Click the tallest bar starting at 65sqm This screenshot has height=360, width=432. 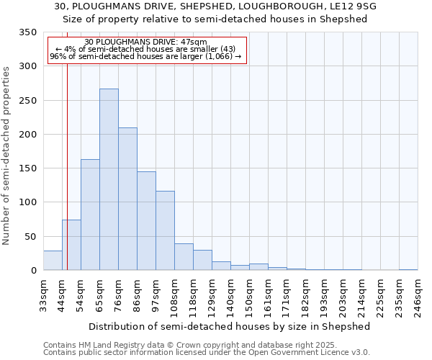click(109, 179)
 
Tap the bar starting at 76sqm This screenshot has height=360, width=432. click(127, 199)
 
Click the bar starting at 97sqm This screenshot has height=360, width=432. click(165, 230)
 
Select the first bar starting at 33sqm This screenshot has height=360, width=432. click(53, 261)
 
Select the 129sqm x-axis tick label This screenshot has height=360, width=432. click(212, 296)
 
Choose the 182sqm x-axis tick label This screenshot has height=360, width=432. click(305, 296)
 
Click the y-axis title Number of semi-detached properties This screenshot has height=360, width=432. click(6, 156)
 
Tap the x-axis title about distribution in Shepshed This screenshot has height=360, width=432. click(230, 326)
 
